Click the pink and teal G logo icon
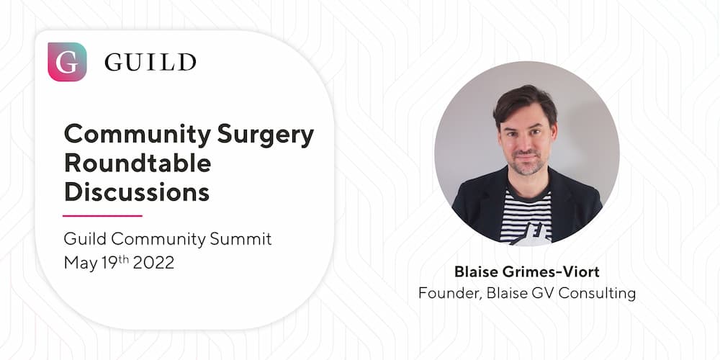tap(67, 61)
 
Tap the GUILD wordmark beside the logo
tap(150, 62)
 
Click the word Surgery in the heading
tap(266, 135)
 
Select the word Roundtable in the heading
tap(138, 163)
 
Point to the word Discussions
tap(137, 192)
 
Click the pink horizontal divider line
tap(102, 215)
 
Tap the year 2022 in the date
tap(153, 263)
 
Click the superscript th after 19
tap(124, 259)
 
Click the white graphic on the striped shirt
tap(532, 235)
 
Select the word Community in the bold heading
tap(138, 135)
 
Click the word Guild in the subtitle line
tap(86, 239)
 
